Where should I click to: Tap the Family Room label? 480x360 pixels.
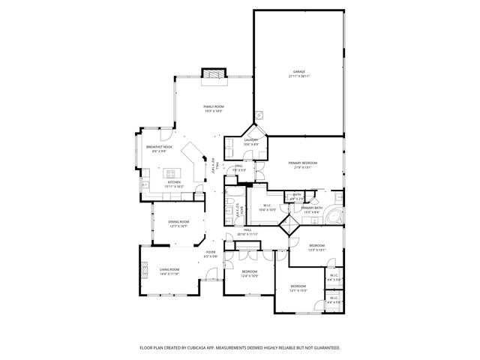(x=214, y=106)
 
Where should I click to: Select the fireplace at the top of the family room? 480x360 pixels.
(x=214, y=73)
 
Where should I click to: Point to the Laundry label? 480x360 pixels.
(x=250, y=139)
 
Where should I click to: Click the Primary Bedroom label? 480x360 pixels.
(x=303, y=163)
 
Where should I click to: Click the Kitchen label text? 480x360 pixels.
(x=174, y=181)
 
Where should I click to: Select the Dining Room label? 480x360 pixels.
(x=178, y=221)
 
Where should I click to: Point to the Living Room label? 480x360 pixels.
(x=169, y=269)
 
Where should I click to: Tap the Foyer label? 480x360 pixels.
(x=211, y=253)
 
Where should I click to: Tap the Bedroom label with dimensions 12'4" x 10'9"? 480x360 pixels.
(x=249, y=271)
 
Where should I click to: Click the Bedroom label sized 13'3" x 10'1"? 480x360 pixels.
(x=316, y=245)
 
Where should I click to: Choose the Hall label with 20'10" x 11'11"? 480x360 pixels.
(x=247, y=231)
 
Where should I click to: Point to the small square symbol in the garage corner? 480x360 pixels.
(x=259, y=115)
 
